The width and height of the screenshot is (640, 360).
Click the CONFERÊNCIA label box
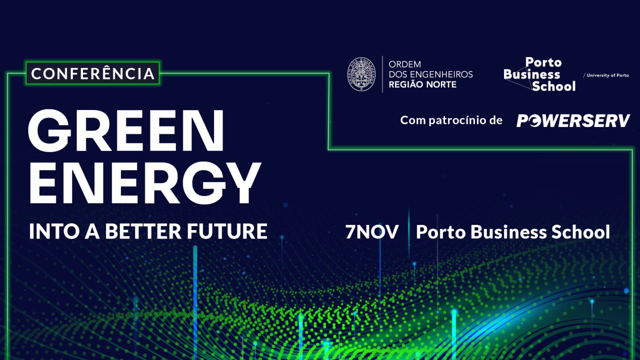92,73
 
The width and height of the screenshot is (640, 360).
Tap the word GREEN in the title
125,131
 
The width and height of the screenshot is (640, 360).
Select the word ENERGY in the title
144,183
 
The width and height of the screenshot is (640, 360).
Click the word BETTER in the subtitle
143,231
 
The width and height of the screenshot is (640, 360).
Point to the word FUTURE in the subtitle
227,231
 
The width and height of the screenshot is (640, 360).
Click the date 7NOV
371,231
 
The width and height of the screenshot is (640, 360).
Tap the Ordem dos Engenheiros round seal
361,74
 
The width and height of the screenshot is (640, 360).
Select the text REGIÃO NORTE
422,84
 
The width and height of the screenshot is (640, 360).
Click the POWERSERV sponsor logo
573,120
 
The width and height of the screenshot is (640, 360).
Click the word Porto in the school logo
543,62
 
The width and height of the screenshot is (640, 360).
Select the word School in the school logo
553,86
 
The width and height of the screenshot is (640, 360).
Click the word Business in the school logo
531,74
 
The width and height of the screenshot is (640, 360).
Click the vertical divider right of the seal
382,74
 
